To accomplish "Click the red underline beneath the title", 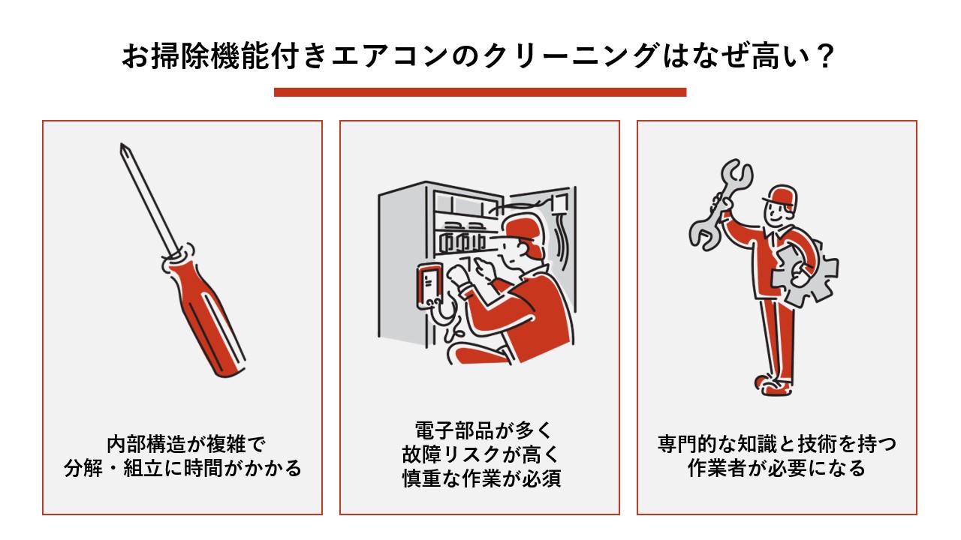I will tap(480, 92).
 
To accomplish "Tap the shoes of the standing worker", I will tap(773, 385).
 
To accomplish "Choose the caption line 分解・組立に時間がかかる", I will tap(182, 469).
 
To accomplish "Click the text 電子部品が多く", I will tap(480, 430).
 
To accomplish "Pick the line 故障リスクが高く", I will tap(480, 455).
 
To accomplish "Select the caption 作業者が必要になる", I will tap(776, 469).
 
